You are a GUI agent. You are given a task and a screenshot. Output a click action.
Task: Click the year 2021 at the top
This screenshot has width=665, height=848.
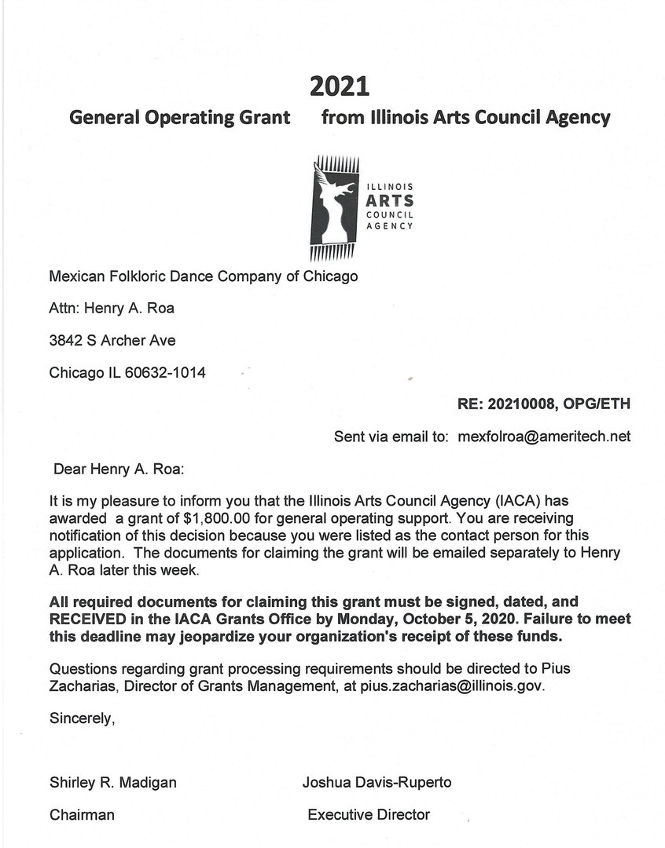[340, 85]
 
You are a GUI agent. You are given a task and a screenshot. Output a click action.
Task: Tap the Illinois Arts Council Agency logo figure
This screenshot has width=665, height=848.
[335, 207]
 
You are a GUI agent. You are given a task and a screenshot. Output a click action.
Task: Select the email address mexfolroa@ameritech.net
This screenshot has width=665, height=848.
[544, 437]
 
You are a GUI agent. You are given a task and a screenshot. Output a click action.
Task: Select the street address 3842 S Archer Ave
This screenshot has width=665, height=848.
[112, 340]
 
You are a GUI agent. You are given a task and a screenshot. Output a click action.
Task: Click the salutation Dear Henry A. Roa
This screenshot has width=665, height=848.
[118, 470]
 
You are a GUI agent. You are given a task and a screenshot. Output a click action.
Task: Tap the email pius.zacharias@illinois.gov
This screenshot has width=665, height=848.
[452, 685]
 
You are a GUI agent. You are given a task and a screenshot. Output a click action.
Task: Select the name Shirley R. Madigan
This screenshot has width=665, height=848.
[113, 782]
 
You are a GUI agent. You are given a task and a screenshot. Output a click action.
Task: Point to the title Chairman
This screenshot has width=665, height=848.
[82, 815]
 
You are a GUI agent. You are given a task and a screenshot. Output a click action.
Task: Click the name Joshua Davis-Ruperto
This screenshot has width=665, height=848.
[377, 782]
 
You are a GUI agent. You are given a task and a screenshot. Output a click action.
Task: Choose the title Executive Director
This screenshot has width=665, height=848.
[369, 815]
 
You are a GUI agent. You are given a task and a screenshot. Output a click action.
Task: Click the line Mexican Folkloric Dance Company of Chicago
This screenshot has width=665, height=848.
[204, 276]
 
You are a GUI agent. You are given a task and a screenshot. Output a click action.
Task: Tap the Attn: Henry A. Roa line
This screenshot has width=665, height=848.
[112, 308]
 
